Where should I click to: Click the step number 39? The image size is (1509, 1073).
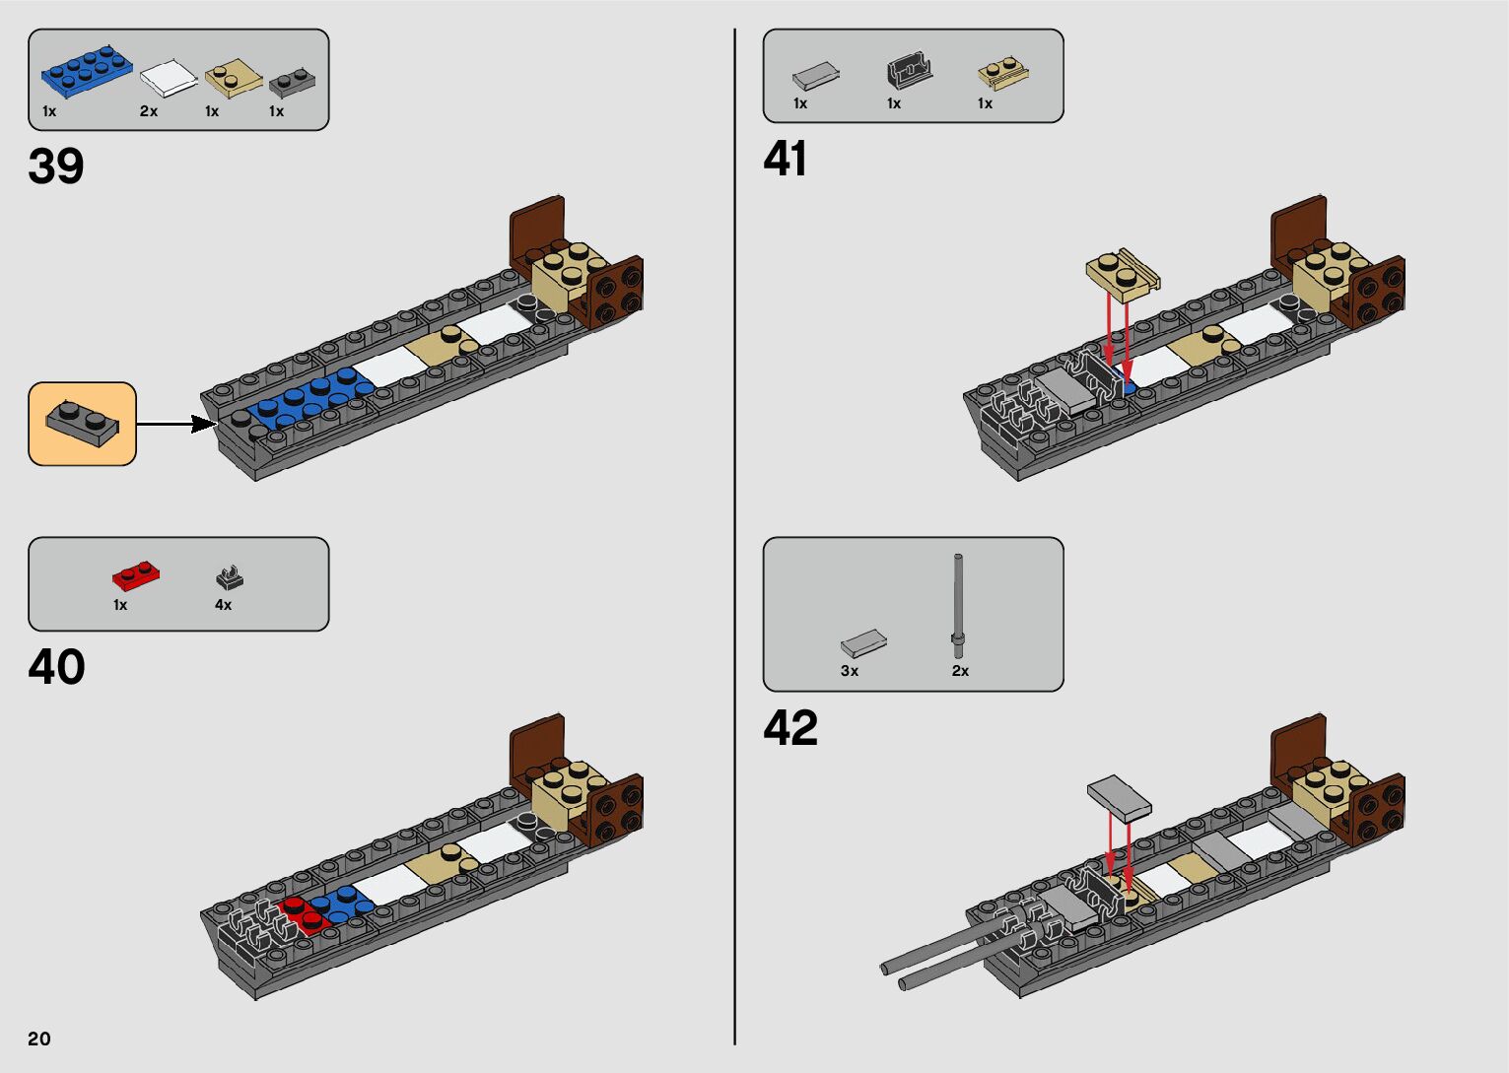pyautogui.click(x=56, y=167)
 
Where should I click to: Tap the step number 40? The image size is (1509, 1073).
pyautogui.click(x=56, y=667)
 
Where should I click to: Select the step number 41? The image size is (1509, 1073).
pyautogui.click(x=785, y=159)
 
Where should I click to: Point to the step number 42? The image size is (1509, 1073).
pyautogui.click(x=789, y=728)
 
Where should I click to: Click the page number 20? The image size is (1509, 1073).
pyautogui.click(x=39, y=1039)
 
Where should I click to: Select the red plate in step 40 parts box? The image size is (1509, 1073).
pyautogui.click(x=136, y=575)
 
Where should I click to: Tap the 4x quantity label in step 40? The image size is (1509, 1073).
pyautogui.click(x=223, y=605)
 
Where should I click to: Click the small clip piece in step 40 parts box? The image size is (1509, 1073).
pyautogui.click(x=229, y=577)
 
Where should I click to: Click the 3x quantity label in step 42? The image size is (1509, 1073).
pyautogui.click(x=850, y=671)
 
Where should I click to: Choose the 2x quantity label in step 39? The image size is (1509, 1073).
pyautogui.click(x=149, y=111)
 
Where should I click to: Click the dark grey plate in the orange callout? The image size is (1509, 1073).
pyautogui.click(x=83, y=423)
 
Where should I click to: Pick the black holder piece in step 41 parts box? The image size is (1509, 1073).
pyautogui.click(x=910, y=71)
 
